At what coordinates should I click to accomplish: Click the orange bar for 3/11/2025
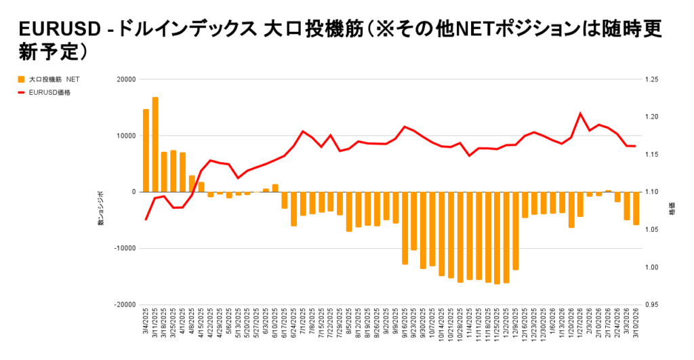tap(155, 144)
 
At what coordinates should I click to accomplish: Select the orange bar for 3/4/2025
tap(146, 151)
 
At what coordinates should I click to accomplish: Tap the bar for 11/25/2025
tap(497, 238)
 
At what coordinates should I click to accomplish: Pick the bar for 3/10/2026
tap(636, 208)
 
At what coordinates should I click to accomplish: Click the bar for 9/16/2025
tap(405, 228)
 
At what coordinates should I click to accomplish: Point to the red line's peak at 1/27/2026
tap(580, 113)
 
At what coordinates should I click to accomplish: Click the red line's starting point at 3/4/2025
tap(146, 220)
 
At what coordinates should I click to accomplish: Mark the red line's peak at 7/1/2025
tap(303, 131)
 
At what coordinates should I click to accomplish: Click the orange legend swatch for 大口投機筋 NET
tap(22, 79)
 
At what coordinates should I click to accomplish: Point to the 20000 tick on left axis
tap(126, 79)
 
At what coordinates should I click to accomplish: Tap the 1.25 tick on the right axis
tap(653, 79)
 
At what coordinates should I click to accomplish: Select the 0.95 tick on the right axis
tap(653, 304)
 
